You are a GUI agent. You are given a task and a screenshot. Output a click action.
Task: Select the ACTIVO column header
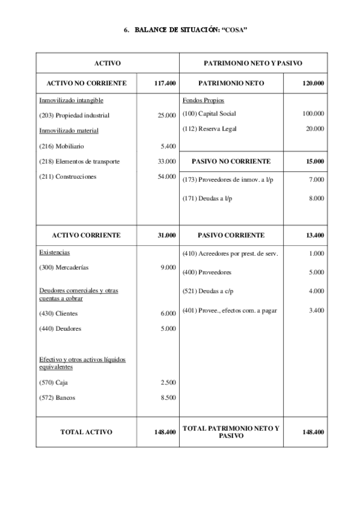pyautogui.click(x=108, y=63)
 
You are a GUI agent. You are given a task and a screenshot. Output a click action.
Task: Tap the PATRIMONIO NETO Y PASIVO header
pyautogui.click(x=252, y=63)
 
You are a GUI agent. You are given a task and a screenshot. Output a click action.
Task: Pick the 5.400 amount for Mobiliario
pyautogui.click(x=168, y=146)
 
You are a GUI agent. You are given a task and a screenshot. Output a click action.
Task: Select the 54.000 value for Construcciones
pyautogui.click(x=166, y=177)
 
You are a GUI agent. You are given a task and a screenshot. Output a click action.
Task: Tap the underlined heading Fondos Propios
pyautogui.click(x=203, y=100)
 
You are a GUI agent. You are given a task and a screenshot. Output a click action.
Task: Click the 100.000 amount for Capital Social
pyautogui.click(x=313, y=113)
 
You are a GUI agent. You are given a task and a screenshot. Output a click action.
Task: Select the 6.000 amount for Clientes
pyautogui.click(x=168, y=313)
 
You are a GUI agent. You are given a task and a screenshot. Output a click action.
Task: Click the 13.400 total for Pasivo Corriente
pyautogui.click(x=314, y=235)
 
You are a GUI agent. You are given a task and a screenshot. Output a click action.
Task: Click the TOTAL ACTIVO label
pyautogui.click(x=86, y=432)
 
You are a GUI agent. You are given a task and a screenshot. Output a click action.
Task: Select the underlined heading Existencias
pyautogui.click(x=54, y=253)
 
